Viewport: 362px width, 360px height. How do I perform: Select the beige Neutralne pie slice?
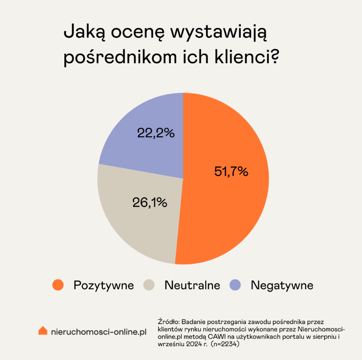138,226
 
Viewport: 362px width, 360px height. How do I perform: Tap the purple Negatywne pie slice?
142,121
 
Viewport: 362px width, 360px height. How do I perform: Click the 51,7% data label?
231,171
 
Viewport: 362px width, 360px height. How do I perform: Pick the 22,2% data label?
156,133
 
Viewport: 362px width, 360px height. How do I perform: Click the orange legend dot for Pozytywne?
58,285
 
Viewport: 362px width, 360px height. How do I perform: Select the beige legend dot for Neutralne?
149,285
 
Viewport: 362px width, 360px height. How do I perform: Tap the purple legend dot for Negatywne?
236,285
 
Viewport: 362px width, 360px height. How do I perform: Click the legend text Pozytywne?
104,286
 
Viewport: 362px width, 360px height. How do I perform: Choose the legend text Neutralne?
192,286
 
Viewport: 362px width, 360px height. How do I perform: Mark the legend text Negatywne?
282,286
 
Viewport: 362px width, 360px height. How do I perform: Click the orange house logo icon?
43,331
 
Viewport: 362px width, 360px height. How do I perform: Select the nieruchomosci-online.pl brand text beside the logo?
98,332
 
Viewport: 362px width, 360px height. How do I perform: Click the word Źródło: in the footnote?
168,322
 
